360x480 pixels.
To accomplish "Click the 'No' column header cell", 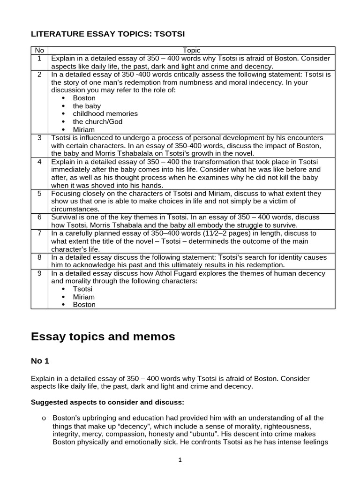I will coord(39,51).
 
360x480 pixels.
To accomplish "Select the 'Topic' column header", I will coord(191,51).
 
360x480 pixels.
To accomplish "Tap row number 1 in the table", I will coord(39,59).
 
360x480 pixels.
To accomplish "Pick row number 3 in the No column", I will coord(39,138).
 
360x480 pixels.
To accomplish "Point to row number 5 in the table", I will coord(39,193).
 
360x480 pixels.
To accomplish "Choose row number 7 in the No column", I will coord(39,233).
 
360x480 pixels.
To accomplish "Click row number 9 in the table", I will coord(39,273).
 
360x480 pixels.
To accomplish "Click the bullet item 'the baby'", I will coord(87,106).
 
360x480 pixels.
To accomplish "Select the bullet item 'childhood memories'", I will coord(105,114).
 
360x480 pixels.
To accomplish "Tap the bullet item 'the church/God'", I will coord(97,122).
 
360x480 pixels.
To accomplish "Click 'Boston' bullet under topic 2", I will coord(84,98).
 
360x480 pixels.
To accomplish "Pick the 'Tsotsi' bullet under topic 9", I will coord(82,289).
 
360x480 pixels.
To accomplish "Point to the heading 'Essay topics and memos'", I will coord(103,336).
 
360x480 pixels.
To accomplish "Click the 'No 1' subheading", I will coord(40,360).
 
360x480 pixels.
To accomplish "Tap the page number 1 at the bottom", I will coord(180,460).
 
